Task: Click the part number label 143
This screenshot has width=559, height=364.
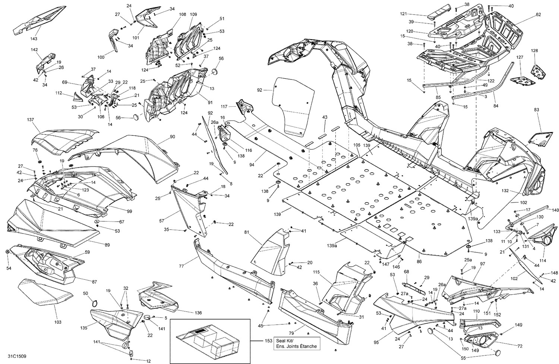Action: coord(34,38)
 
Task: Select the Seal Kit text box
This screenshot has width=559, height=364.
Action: coord(296,343)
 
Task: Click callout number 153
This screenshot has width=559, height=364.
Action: coord(267,341)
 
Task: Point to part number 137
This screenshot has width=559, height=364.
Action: coord(30,120)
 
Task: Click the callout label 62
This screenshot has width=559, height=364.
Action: coord(538,15)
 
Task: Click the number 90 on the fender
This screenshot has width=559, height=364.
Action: coord(172,137)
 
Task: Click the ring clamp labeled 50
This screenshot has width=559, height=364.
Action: coord(95,303)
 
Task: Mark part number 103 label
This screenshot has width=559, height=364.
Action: coord(58,322)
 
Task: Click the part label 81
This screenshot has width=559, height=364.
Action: coord(247,232)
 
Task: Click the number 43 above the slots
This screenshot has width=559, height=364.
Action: coord(325,117)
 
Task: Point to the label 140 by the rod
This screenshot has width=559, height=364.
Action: coord(555,210)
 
